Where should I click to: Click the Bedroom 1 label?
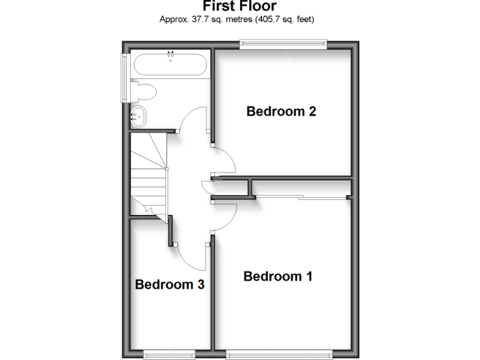[277, 276]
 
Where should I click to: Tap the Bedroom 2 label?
[281, 112]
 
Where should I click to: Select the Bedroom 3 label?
[170, 285]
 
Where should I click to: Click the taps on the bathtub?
[169, 56]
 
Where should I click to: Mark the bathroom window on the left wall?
[124, 76]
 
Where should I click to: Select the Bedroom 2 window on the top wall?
[283, 43]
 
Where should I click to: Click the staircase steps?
[147, 178]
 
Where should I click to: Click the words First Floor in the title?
[240, 6]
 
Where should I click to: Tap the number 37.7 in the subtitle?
[195, 19]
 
